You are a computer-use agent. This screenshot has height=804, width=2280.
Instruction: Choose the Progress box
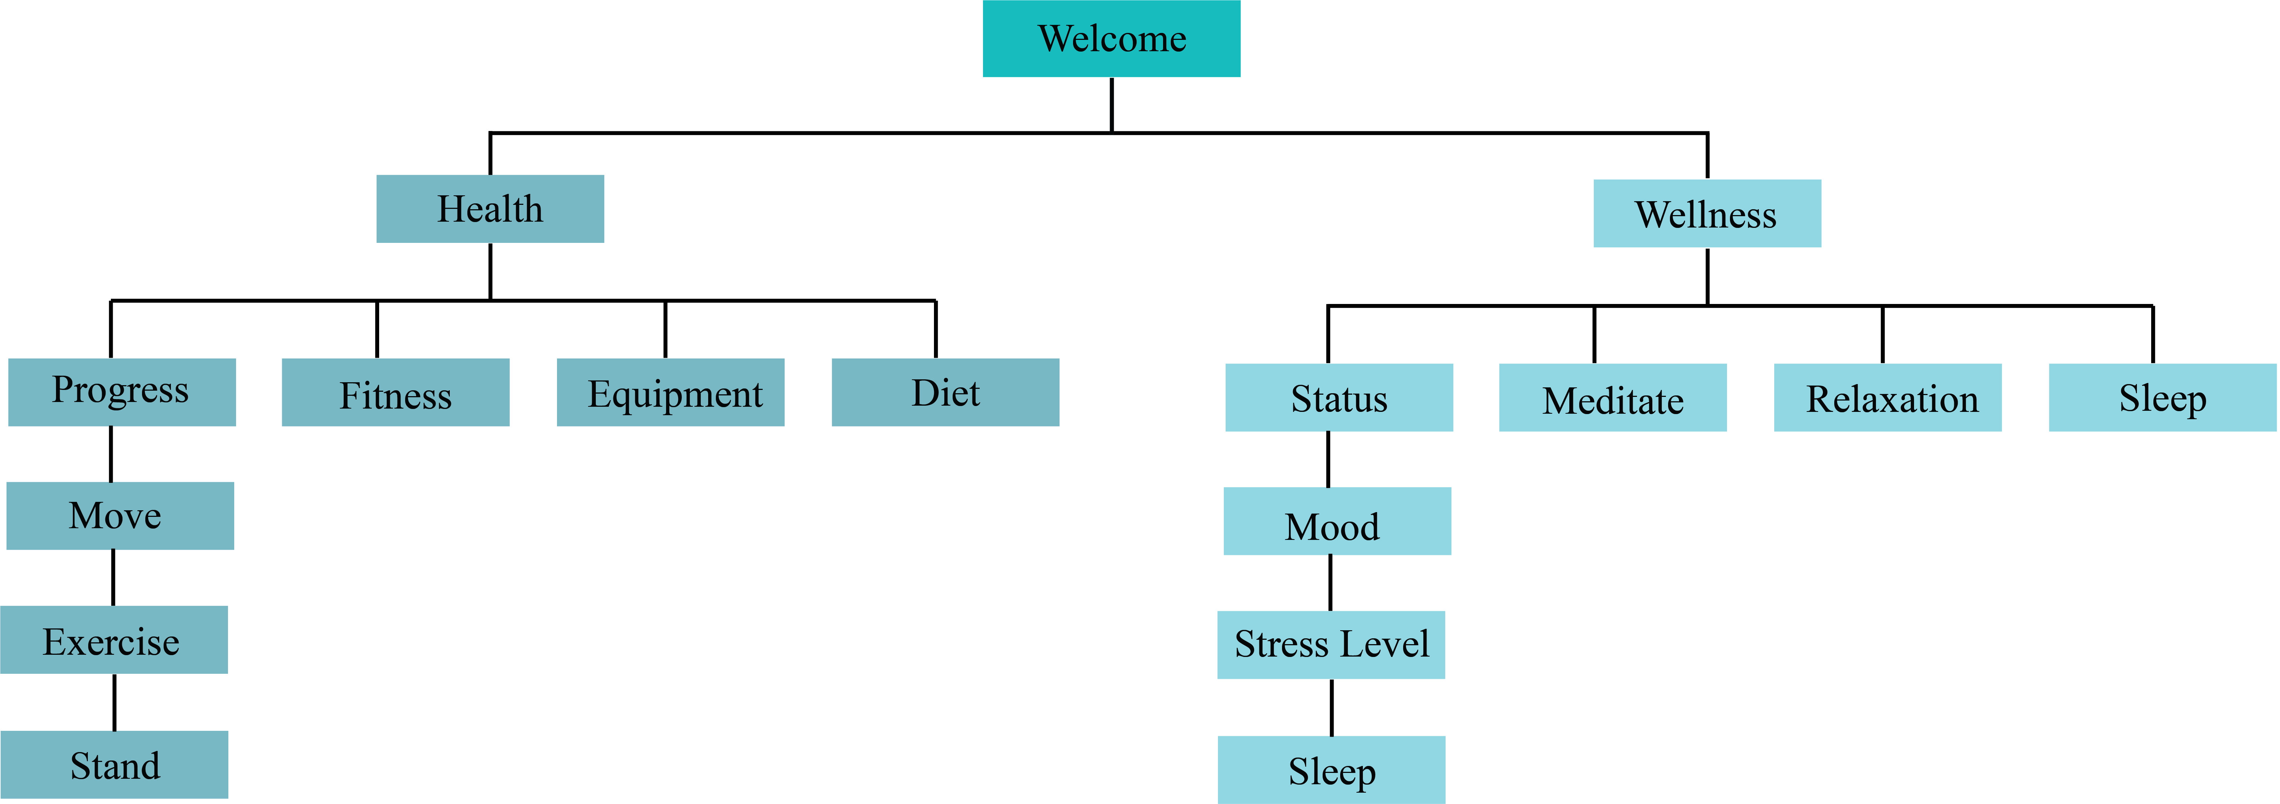click(x=121, y=392)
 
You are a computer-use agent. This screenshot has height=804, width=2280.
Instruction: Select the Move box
click(x=119, y=516)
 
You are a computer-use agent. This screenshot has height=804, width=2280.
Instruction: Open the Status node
click(x=1338, y=398)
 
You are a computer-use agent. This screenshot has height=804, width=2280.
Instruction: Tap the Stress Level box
click(x=1330, y=645)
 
